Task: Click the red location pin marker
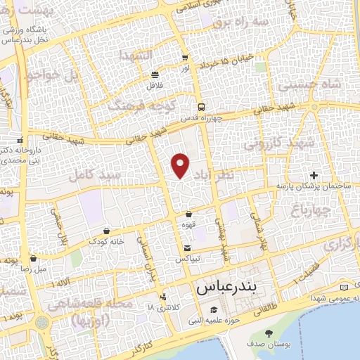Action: (x=181, y=165)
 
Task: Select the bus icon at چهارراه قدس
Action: (x=202, y=108)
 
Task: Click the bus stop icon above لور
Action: (x=184, y=58)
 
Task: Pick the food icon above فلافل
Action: (x=155, y=75)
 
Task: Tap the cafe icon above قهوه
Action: (x=188, y=214)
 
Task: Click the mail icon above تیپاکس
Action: (x=187, y=248)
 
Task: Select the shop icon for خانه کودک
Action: (x=106, y=230)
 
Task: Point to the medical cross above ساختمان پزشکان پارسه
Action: (x=314, y=175)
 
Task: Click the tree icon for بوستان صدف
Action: (x=267, y=333)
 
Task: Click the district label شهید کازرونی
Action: (x=264, y=144)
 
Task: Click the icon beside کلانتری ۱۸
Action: (x=163, y=297)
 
